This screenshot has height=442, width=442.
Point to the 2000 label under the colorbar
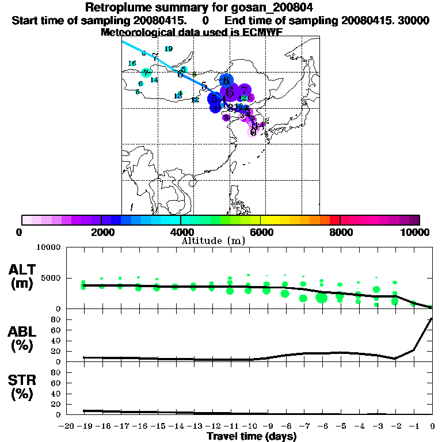(101, 232)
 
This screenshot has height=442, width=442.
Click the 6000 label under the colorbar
(261, 232)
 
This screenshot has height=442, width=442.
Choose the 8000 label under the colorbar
(340, 232)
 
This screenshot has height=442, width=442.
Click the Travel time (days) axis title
(252, 437)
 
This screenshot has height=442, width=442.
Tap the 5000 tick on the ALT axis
(51, 278)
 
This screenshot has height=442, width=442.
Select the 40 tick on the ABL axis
(56, 341)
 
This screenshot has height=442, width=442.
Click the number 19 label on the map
(168, 49)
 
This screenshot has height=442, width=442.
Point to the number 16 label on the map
(132, 63)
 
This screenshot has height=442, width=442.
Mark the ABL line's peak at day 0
(432, 318)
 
